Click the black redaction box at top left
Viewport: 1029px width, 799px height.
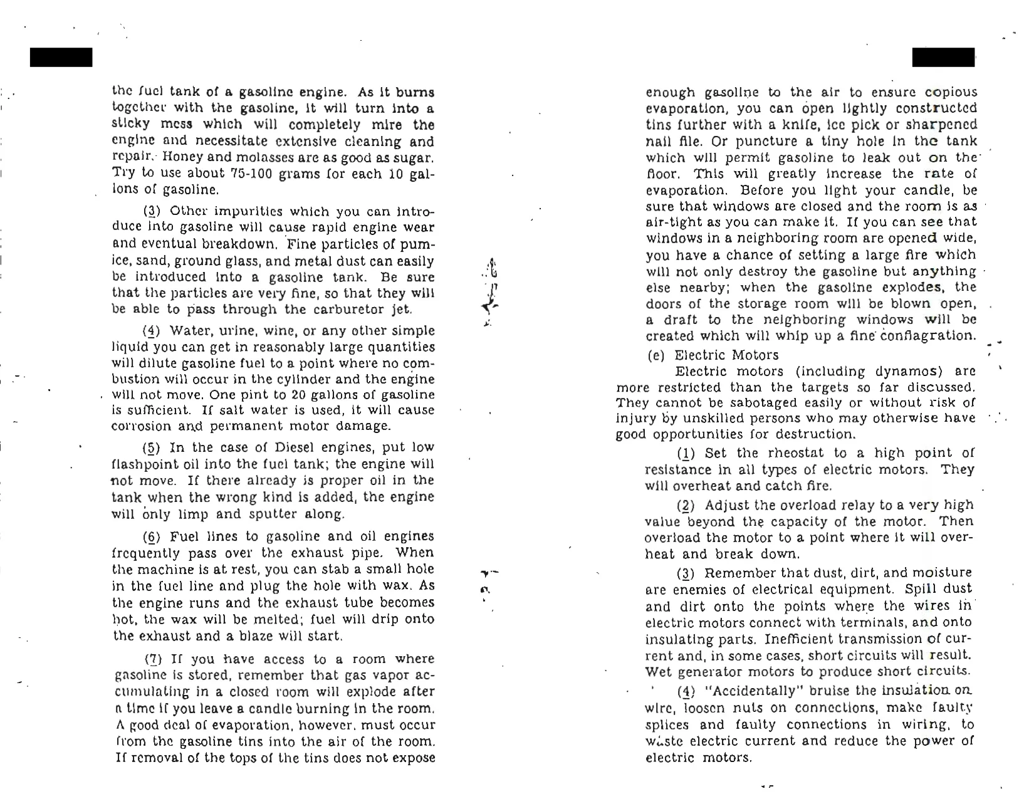pyautogui.click(x=61, y=57)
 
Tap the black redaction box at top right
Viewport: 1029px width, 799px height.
pyautogui.click(x=943, y=57)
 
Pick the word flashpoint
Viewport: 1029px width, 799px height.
pyautogui.click(x=144, y=464)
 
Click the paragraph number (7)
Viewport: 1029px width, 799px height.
pyautogui.click(x=154, y=659)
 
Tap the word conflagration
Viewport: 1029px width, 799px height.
pyautogui.click(x=929, y=336)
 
